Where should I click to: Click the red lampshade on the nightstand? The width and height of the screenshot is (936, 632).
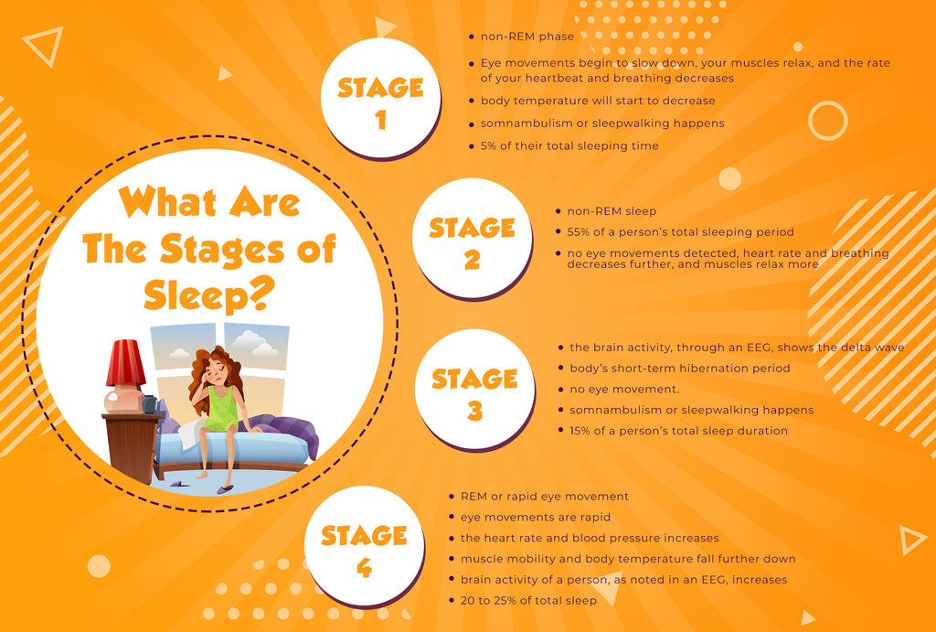(125, 363)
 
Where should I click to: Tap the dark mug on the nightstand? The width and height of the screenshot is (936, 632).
(149, 403)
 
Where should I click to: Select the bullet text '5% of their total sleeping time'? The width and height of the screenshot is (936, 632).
(569, 145)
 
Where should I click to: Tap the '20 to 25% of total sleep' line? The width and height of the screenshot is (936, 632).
(528, 600)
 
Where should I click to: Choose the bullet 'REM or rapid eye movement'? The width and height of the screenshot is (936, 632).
(545, 496)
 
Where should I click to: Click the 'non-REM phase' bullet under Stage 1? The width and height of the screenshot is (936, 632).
(527, 37)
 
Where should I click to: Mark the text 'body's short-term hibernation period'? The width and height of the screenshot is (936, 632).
(679, 368)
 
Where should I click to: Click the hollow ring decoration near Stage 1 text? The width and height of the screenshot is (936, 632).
(828, 121)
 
